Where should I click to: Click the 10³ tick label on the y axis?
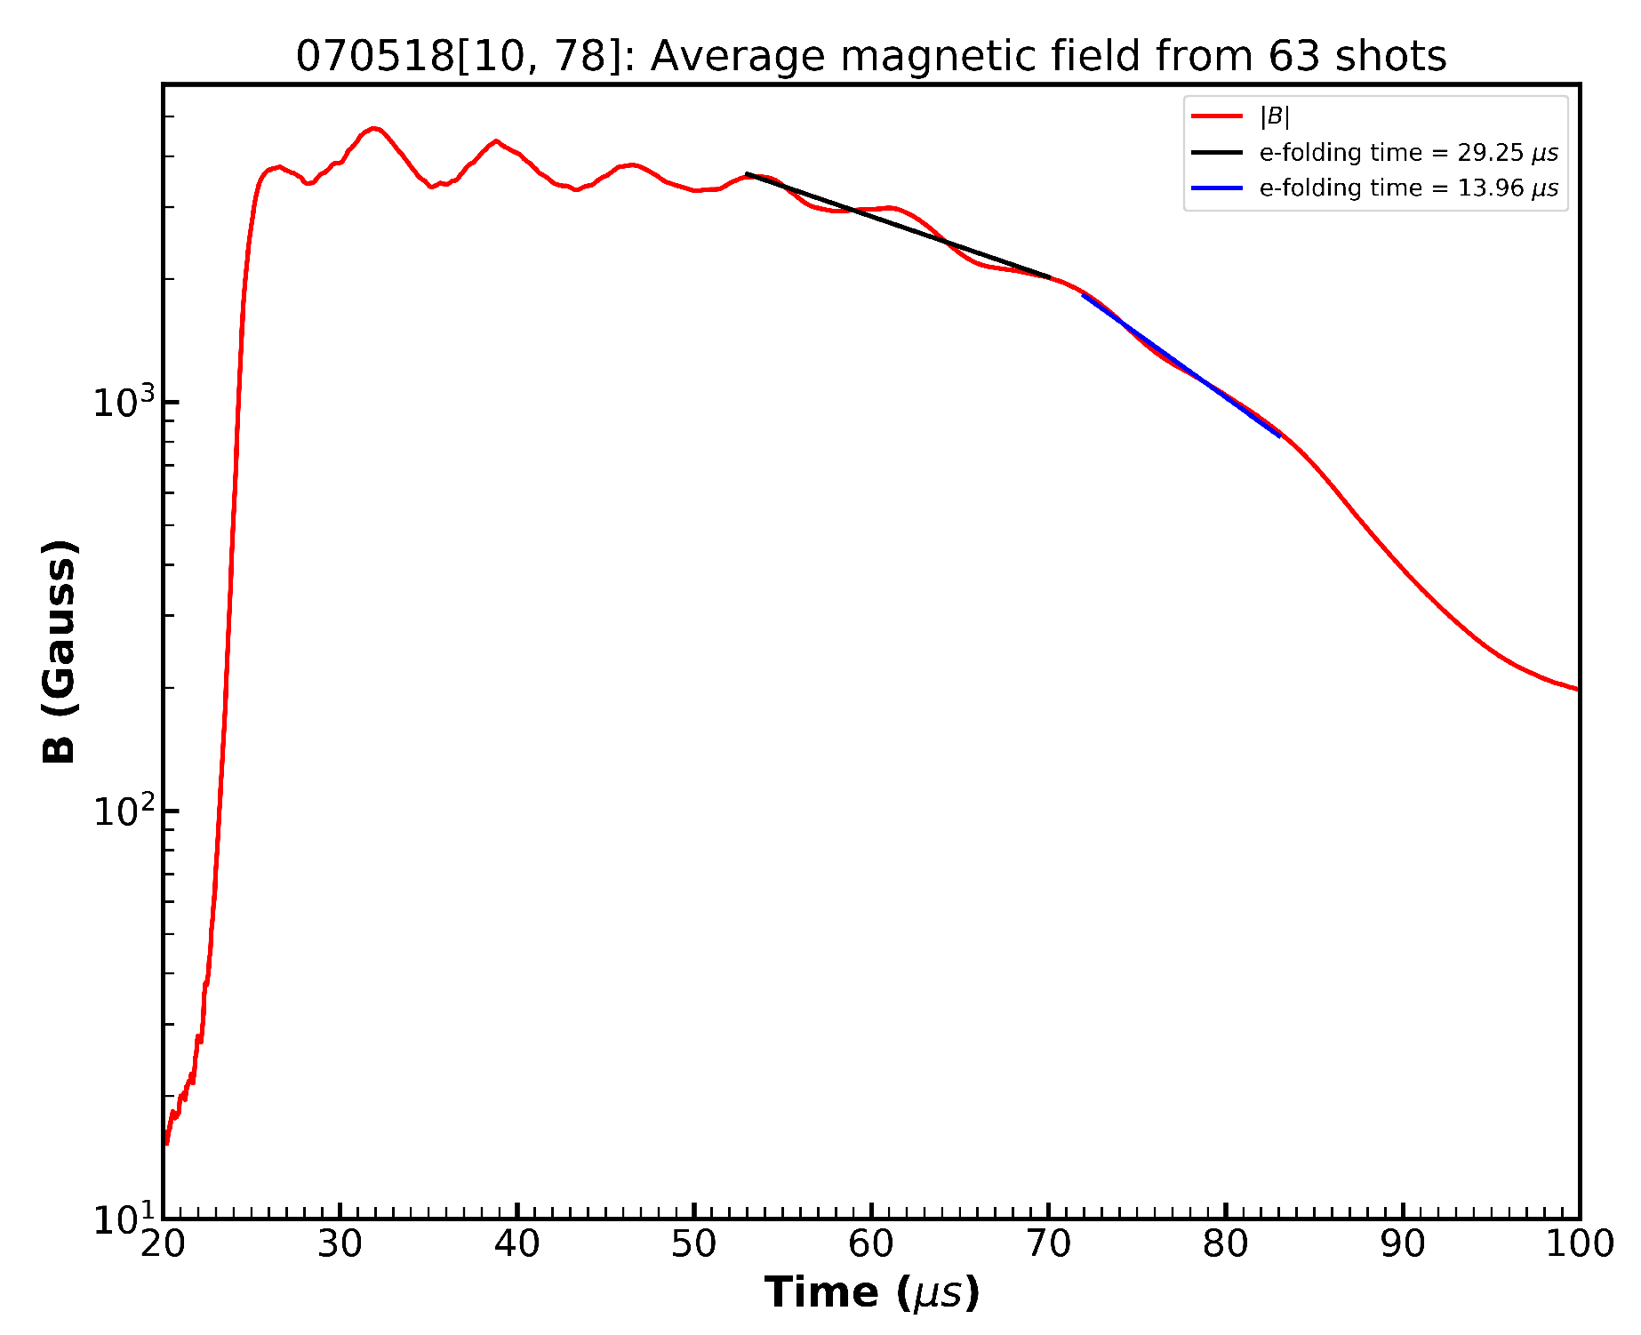(x=123, y=403)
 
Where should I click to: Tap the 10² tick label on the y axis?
(x=123, y=811)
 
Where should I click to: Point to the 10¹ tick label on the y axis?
(x=123, y=1219)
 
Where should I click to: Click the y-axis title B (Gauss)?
(x=60, y=652)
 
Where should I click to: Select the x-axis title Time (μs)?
(x=871, y=1292)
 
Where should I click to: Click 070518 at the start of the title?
(x=374, y=57)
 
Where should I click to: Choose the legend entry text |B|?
(x=1274, y=116)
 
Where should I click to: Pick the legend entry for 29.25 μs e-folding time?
(x=1408, y=153)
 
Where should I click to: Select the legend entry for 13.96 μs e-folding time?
(x=1408, y=188)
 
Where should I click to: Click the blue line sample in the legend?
(x=1216, y=188)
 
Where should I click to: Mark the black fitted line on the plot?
(x=898, y=226)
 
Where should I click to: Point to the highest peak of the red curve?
(x=375, y=129)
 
